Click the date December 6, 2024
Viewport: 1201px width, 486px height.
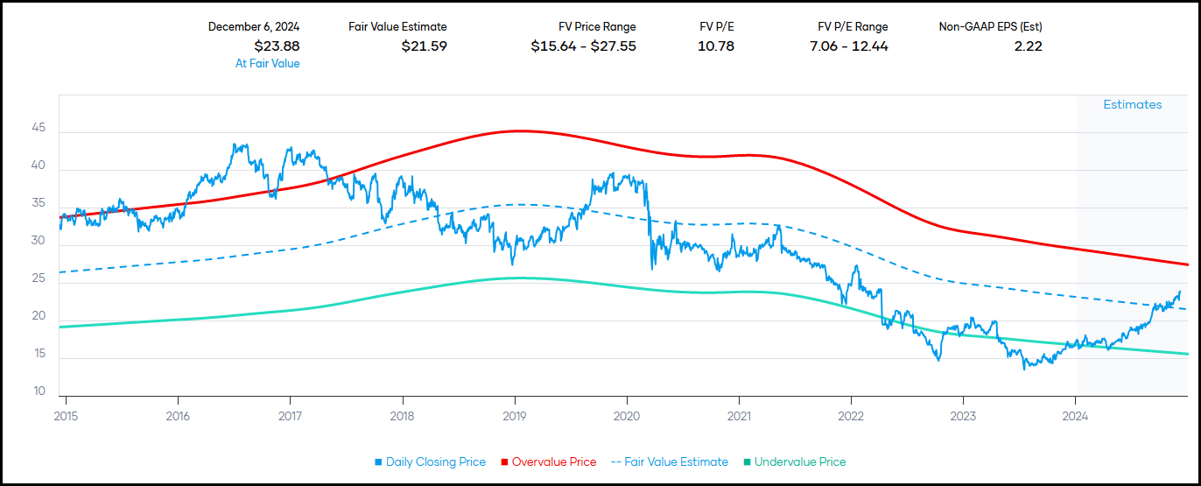click(254, 27)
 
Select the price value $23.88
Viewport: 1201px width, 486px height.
click(277, 46)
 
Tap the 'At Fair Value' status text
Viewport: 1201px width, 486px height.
click(267, 63)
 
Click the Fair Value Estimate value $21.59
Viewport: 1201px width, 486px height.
click(424, 46)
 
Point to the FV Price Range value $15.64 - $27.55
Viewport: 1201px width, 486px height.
click(583, 46)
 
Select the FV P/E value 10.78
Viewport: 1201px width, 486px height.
click(715, 46)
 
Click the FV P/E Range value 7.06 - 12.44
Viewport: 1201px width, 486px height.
click(848, 46)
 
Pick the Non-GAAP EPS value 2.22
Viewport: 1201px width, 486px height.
click(1028, 46)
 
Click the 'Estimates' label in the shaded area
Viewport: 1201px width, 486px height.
click(1132, 104)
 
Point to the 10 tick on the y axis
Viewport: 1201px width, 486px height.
click(39, 391)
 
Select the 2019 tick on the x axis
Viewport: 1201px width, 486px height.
click(515, 415)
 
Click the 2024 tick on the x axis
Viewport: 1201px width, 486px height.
click(1076, 415)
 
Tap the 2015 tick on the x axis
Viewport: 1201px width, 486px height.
click(66, 415)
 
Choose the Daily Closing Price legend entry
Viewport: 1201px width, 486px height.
click(429, 461)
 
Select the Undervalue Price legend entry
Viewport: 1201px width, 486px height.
click(794, 461)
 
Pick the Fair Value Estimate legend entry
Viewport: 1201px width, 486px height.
click(669, 461)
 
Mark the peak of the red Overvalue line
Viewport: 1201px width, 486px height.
click(518, 130)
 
